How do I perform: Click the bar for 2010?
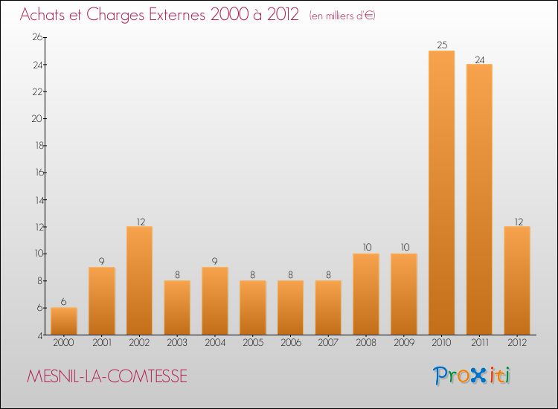441,193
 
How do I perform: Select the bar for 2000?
64,321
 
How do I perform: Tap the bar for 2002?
139,280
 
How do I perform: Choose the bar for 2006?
290,307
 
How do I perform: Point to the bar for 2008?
366,294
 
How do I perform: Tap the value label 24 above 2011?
479,59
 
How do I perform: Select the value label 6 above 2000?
64,302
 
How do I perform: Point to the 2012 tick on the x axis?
517,342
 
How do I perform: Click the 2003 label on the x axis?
177,342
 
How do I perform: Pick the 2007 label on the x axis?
328,342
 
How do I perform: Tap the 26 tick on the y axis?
36,37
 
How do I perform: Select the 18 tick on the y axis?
36,146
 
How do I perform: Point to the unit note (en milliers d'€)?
342,16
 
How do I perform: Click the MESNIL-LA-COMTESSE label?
107,377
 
